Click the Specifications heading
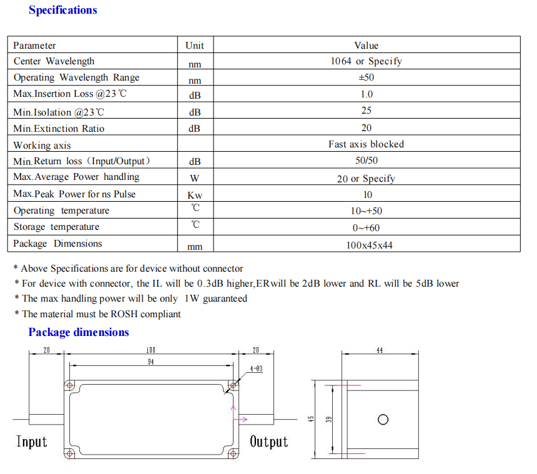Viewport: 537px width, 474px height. click(63, 10)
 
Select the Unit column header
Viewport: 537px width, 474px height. click(195, 46)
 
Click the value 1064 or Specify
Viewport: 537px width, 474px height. click(366, 61)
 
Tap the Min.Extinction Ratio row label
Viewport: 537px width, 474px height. click(59, 129)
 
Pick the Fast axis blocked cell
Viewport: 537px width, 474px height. click(366, 144)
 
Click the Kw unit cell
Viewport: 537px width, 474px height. click(195, 195)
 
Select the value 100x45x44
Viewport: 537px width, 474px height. click(369, 245)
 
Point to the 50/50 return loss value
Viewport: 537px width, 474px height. click(367, 160)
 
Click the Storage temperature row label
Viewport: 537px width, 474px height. click(56, 227)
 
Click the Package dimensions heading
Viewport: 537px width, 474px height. click(79, 332)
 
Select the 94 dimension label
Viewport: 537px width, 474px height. click(150, 362)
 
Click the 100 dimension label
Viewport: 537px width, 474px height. click(150, 350)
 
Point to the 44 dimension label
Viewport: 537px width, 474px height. click(380, 350)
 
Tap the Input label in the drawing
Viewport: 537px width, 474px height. click(31, 442)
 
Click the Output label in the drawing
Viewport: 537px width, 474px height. click(269, 442)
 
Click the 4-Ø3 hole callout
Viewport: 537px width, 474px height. click(256, 369)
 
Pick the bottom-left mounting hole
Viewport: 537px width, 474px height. click(69, 454)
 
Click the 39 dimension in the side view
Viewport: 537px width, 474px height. click(329, 420)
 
